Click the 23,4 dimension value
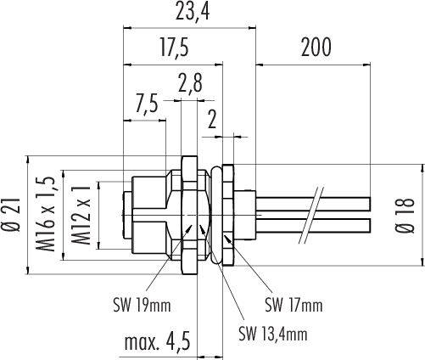click(x=193, y=11)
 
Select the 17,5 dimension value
click(x=174, y=48)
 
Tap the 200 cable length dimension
click(x=316, y=48)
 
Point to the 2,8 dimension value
click(x=190, y=82)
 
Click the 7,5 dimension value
click(x=146, y=104)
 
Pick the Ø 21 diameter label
click(x=13, y=215)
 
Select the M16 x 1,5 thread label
click(x=45, y=214)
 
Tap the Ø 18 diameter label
click(x=405, y=216)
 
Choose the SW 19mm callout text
click(x=142, y=305)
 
